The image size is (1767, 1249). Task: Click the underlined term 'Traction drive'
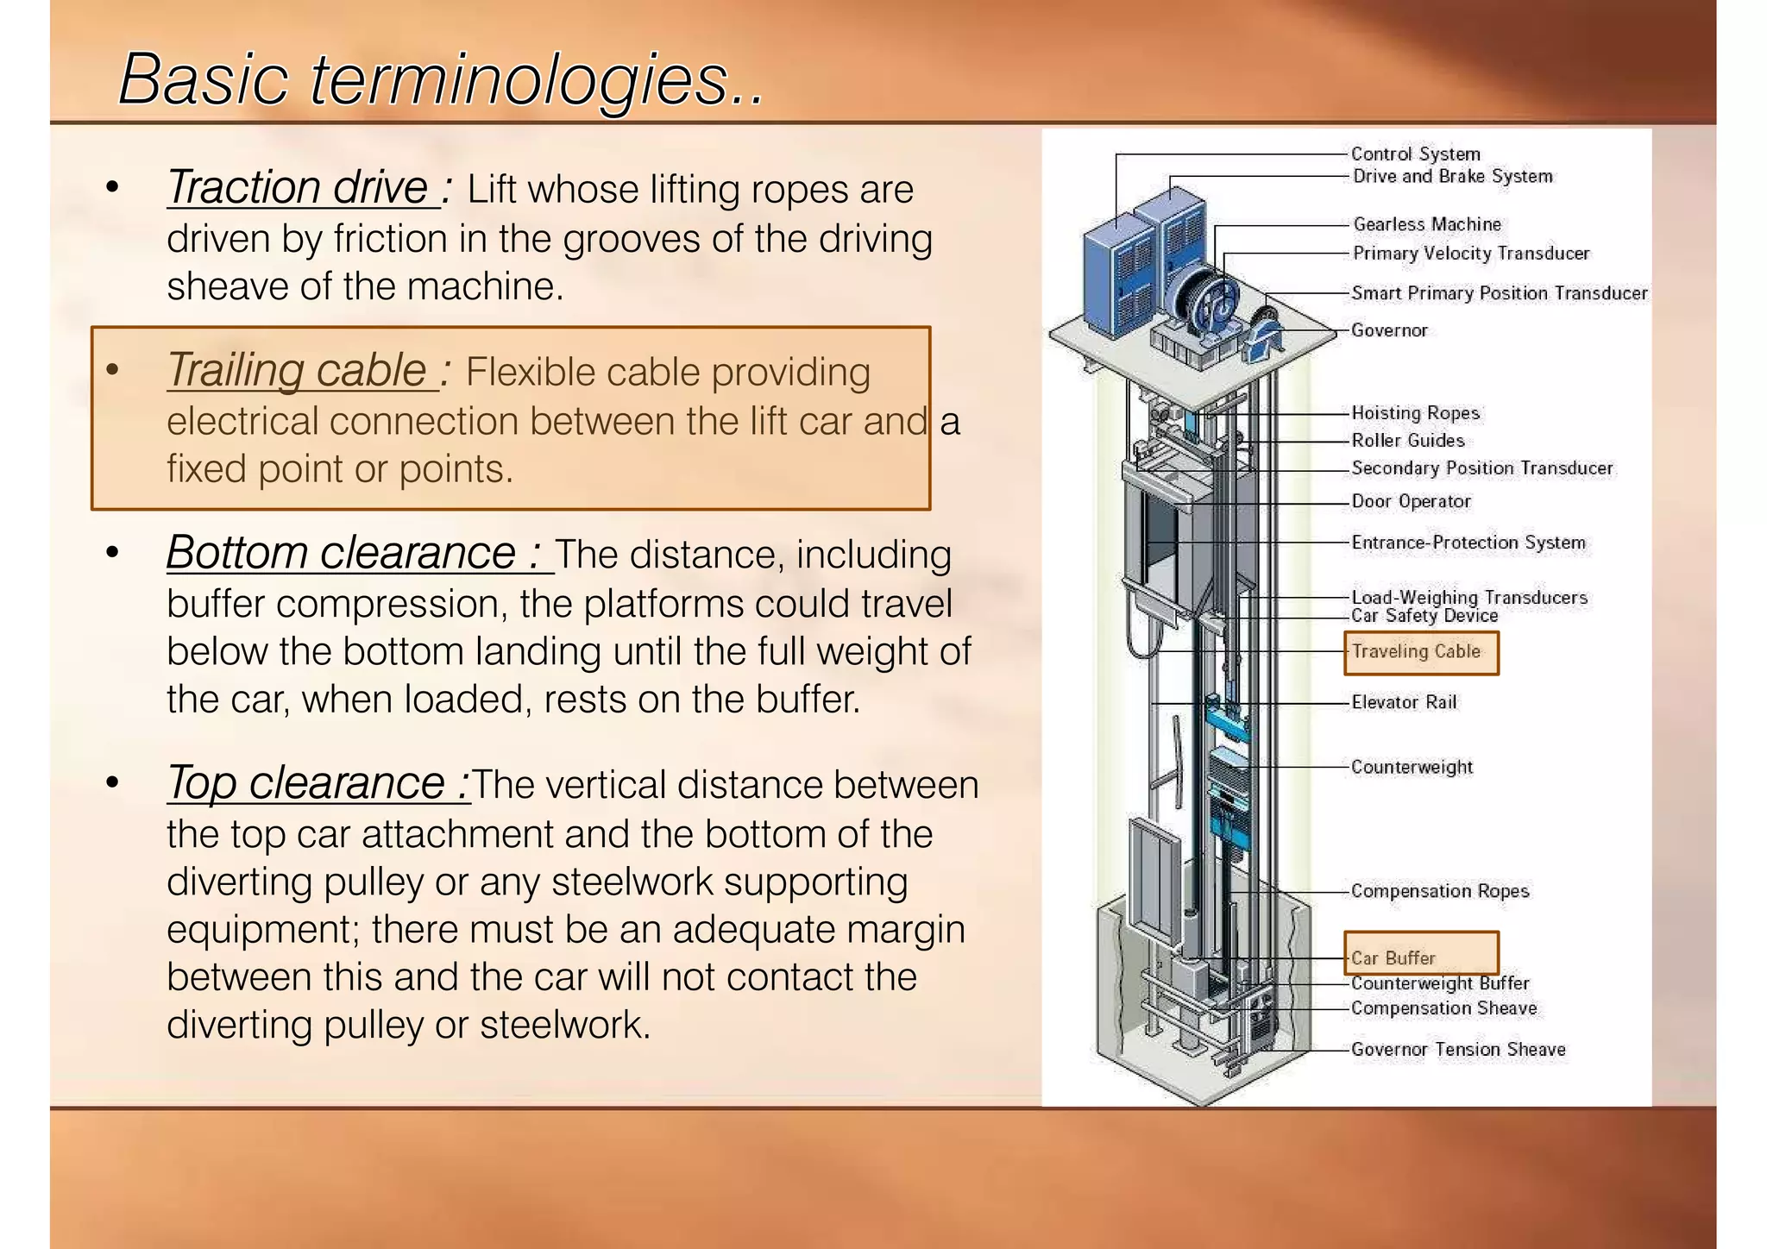[x=297, y=188]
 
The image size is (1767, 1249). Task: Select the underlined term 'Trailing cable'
[x=297, y=371]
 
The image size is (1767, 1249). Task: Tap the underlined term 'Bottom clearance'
[x=340, y=554]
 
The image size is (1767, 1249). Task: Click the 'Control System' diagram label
[x=1415, y=154]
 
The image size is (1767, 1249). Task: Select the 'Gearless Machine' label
[x=1427, y=224]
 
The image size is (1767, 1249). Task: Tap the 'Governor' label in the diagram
[x=1389, y=330]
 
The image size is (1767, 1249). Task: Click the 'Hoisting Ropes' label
[x=1415, y=413]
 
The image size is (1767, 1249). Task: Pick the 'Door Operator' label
[x=1411, y=501]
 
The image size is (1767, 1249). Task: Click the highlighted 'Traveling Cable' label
[x=1416, y=652]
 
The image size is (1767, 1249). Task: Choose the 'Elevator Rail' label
[x=1404, y=702]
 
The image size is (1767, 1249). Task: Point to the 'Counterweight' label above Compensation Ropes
[x=1412, y=767]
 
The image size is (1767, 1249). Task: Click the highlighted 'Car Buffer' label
[x=1393, y=957]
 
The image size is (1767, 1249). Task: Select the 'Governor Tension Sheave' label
[x=1458, y=1050]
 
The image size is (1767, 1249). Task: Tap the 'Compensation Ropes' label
[x=1440, y=891]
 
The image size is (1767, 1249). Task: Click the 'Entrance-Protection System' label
[x=1468, y=543]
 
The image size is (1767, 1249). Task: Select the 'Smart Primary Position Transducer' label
[x=1500, y=293]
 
